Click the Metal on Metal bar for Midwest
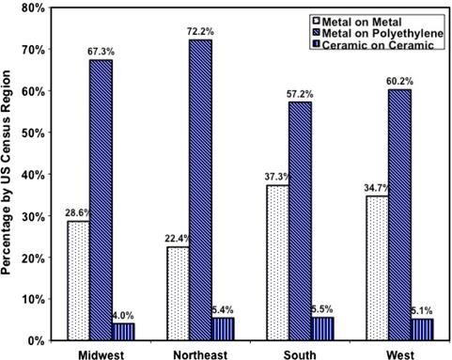click(x=77, y=280)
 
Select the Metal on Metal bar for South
click(x=276, y=262)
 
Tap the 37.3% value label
click(x=273, y=177)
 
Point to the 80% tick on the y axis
click(x=33, y=8)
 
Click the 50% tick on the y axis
click(x=33, y=133)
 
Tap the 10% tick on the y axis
click(x=33, y=298)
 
